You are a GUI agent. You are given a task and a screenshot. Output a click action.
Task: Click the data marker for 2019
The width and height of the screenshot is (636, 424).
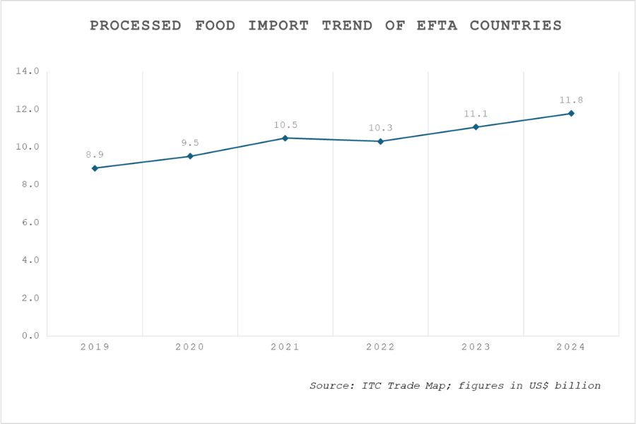[95, 168]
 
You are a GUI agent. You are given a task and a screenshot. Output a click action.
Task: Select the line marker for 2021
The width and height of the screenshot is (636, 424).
[285, 138]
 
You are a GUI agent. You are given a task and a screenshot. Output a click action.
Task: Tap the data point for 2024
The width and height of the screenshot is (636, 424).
[571, 113]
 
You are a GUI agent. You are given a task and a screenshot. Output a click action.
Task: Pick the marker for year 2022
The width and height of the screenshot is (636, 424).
[381, 141]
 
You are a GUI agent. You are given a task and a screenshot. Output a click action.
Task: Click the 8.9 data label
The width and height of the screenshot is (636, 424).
[95, 154]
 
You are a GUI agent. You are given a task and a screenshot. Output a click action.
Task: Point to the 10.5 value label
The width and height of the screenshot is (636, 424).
[285, 125]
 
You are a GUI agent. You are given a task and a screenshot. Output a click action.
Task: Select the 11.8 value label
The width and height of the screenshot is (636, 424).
[571, 100]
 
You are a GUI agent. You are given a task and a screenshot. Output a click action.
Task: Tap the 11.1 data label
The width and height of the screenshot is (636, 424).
[476, 113]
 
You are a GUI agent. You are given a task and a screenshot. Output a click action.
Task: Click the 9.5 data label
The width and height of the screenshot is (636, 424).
[190, 143]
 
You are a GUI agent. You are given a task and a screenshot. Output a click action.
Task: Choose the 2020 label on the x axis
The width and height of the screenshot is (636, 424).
[190, 347]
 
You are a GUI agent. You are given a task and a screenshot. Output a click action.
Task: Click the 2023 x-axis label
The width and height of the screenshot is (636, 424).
[476, 347]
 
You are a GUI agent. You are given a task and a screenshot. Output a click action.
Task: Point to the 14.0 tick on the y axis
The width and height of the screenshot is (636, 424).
[28, 71]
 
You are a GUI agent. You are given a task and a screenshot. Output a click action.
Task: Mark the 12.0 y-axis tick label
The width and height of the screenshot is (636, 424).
[28, 110]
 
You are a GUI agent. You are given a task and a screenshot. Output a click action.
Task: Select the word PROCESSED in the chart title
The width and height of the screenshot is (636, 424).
[134, 25]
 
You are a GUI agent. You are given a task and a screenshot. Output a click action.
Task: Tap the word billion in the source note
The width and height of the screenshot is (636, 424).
[579, 386]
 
